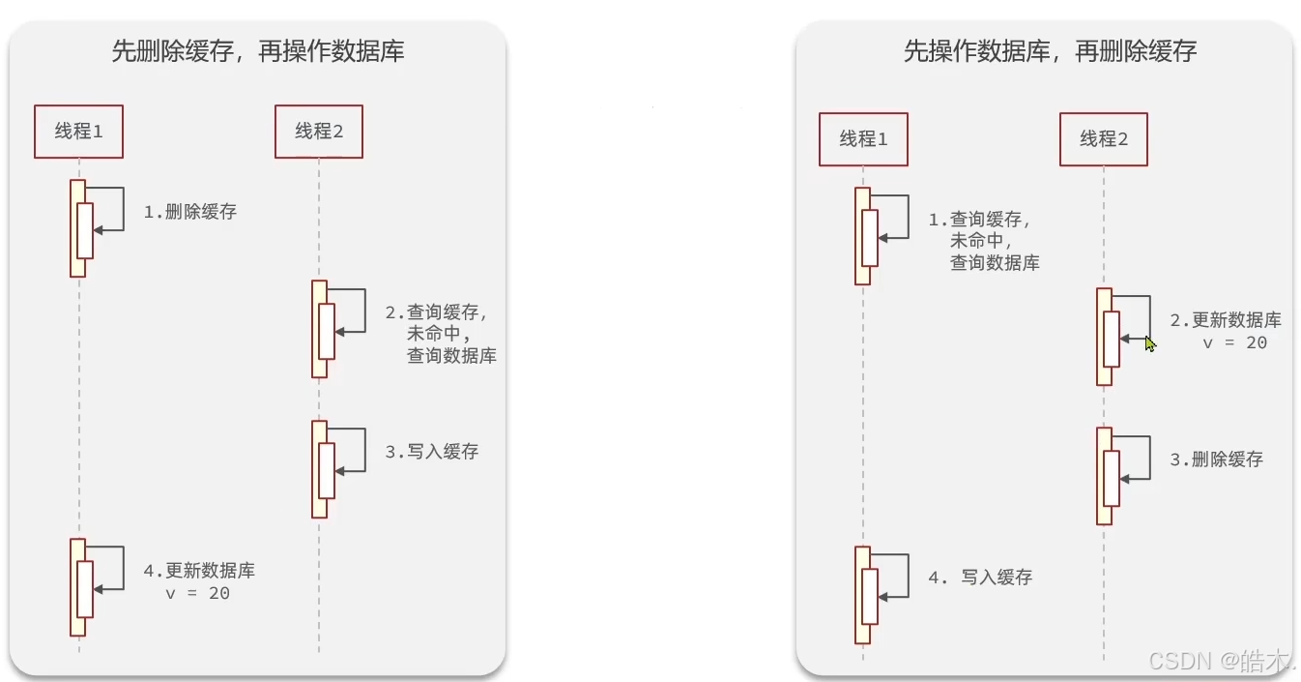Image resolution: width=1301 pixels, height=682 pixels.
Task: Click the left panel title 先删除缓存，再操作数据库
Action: [257, 51]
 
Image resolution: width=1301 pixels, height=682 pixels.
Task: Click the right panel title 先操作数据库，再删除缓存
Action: [1050, 51]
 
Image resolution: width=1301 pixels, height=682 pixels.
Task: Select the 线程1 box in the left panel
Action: [79, 132]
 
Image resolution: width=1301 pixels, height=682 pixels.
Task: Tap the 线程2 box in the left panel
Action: [319, 132]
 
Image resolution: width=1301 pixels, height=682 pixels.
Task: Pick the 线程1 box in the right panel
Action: [863, 139]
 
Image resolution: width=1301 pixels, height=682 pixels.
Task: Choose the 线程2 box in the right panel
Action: [1104, 139]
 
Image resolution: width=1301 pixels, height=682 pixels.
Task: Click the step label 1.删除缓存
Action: [190, 212]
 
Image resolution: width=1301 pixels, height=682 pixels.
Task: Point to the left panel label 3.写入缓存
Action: [432, 451]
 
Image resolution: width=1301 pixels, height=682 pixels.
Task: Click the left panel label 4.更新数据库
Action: [200, 571]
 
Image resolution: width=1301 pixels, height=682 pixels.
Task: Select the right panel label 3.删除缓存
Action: [1217, 460]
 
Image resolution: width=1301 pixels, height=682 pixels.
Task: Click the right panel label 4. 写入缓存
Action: [980, 578]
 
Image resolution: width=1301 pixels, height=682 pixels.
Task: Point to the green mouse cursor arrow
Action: [1150, 343]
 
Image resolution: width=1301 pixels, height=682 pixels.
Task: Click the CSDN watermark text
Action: [1221, 661]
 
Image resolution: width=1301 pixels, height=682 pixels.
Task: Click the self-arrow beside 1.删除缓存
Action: [114, 209]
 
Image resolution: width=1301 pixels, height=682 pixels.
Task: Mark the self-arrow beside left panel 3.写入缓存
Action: [355, 450]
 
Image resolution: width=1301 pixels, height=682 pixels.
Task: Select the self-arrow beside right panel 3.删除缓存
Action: [1140, 458]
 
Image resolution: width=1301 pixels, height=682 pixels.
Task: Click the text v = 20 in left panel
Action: [198, 594]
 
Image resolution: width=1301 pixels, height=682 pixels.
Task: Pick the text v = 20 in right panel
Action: [1234, 342]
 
